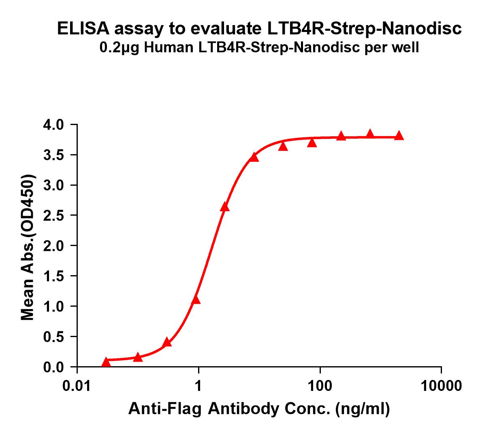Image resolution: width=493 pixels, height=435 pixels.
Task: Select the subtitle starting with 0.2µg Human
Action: point(259,48)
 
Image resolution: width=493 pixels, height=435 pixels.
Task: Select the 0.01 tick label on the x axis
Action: point(77,386)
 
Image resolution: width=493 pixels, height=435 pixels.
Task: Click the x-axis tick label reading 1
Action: point(198,386)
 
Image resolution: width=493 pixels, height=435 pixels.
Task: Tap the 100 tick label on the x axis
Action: point(320,386)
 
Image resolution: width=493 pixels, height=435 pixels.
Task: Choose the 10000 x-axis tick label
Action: point(441,386)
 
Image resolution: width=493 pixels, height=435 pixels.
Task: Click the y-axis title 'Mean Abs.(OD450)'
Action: point(28,248)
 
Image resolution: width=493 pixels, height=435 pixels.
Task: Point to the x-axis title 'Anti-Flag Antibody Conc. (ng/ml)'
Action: point(259,410)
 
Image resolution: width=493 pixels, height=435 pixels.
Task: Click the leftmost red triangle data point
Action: point(106,361)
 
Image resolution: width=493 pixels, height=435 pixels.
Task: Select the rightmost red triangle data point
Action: point(399,135)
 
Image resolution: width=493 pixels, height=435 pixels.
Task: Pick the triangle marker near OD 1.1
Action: point(196,299)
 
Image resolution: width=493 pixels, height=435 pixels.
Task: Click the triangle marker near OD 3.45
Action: point(254,157)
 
